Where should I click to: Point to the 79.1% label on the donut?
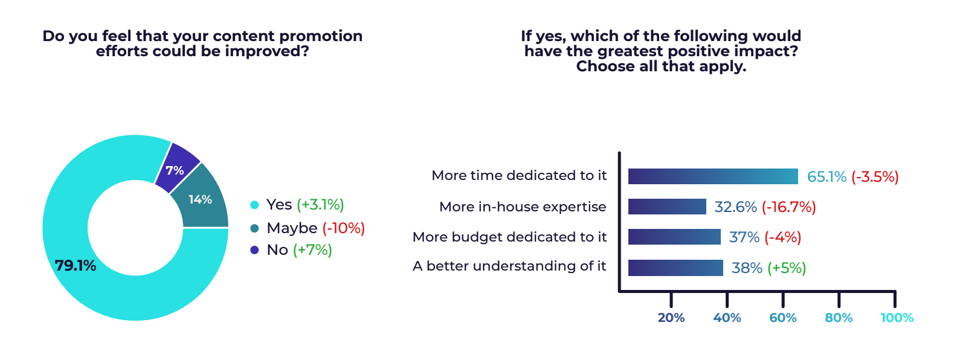pyautogui.click(x=76, y=265)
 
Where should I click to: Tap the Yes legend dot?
pyautogui.click(x=254, y=205)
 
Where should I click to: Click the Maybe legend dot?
pyautogui.click(x=254, y=228)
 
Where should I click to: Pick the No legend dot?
pyautogui.click(x=254, y=250)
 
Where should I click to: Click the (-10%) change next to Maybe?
pyautogui.click(x=343, y=228)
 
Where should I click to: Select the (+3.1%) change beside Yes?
pyautogui.click(x=320, y=205)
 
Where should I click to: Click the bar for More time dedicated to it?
pyautogui.click(x=713, y=176)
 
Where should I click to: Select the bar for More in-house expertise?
pyautogui.click(x=667, y=207)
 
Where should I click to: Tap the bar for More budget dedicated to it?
pyautogui.click(x=674, y=237)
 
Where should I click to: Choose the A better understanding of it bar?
pyautogui.click(x=675, y=268)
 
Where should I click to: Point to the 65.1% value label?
pyautogui.click(x=827, y=177)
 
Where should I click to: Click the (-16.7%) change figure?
pyautogui.click(x=788, y=207)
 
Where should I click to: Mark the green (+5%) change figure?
pyautogui.click(x=787, y=268)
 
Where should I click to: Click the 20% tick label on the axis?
pyautogui.click(x=671, y=318)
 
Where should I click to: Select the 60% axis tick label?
pyautogui.click(x=783, y=318)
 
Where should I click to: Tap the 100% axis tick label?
pyautogui.click(x=897, y=318)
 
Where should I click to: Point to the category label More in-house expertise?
pyautogui.click(x=523, y=207)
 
